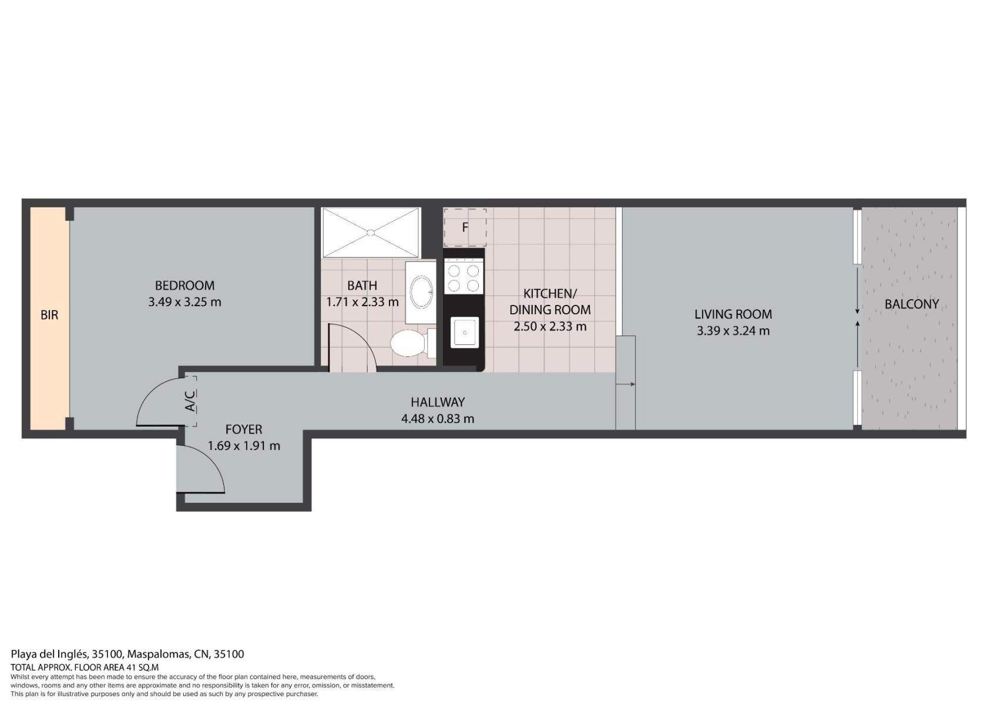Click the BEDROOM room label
pyautogui.click(x=184, y=286)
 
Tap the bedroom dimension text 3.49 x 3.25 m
pyautogui.click(x=184, y=302)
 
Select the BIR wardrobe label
pyautogui.click(x=49, y=315)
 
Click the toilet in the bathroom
pyautogui.click(x=413, y=343)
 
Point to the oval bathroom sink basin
pyautogui.click(x=421, y=292)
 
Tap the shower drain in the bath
pyautogui.click(x=370, y=232)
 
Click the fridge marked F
pyautogui.click(x=465, y=227)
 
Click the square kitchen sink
pyautogui.click(x=464, y=333)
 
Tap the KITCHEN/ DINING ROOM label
pyautogui.click(x=550, y=302)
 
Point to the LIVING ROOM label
pyautogui.click(x=733, y=314)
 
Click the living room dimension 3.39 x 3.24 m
pyautogui.click(x=733, y=331)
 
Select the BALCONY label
pyautogui.click(x=912, y=304)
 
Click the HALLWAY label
pyautogui.click(x=438, y=402)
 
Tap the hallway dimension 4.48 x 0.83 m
pyautogui.click(x=438, y=419)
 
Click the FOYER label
pyautogui.click(x=243, y=429)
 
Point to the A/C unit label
pyautogui.click(x=190, y=401)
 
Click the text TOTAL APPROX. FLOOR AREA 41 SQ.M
pyautogui.click(x=85, y=667)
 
